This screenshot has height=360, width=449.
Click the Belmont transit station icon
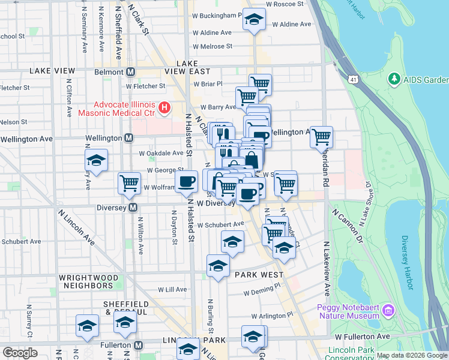coord(130,72)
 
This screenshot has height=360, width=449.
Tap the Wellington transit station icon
coord(128,139)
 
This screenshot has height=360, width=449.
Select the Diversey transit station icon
coord(133,208)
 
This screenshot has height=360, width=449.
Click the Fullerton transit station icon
coord(139,346)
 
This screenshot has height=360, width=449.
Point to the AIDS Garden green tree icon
coord(394,79)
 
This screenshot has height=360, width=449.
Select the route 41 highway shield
coord(352,79)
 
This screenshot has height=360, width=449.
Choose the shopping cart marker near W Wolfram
coord(129,183)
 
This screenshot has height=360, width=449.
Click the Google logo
coord(20,353)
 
